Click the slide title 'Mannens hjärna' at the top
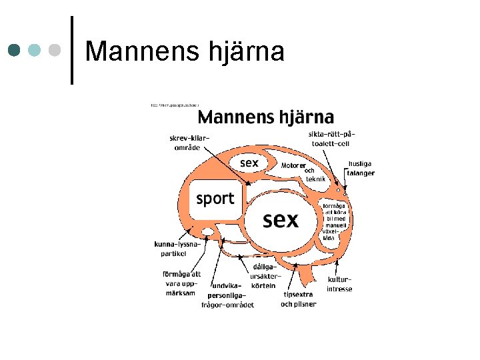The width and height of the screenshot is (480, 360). point(185,51)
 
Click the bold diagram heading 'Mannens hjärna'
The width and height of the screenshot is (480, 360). point(265,117)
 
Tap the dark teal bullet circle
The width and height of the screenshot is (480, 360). point(15,51)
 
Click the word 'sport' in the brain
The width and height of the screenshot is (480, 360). point(215,198)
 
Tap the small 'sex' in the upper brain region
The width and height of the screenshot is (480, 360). point(249,162)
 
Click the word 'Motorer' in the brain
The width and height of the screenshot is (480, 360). point(293,165)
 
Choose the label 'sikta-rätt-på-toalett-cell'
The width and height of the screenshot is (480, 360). point(329,138)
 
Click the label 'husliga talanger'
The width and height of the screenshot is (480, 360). point(360,168)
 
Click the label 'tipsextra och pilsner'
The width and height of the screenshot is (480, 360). point(298,299)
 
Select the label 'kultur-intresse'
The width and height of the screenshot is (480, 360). point(339,285)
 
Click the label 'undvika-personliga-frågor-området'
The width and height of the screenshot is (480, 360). point(227,295)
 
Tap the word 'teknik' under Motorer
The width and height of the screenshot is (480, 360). point(315,179)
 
